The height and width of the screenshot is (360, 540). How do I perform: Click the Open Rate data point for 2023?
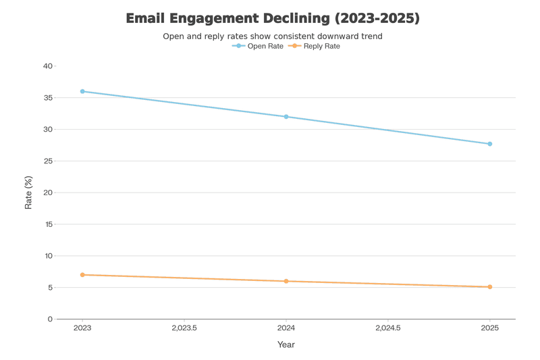coord(82,91)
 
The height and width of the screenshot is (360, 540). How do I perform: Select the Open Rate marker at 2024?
coord(286,117)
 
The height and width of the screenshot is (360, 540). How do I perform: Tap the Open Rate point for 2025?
coord(489,144)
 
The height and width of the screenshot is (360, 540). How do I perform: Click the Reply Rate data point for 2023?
coord(82,275)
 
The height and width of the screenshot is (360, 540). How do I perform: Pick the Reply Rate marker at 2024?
coord(286,281)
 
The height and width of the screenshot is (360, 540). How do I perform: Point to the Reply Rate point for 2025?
coord(489,287)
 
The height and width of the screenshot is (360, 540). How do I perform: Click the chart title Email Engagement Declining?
coord(273,18)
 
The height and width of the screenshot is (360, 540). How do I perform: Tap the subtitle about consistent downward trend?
coord(273,36)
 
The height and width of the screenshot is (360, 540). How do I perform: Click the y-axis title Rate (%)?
coord(28,192)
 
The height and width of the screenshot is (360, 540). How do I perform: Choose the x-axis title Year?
coord(286,344)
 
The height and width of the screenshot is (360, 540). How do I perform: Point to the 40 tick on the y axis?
coord(48,66)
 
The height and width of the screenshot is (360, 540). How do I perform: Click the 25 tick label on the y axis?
coord(48,161)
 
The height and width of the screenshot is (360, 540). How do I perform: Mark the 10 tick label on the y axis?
coord(48,256)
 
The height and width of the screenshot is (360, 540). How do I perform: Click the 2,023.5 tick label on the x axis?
coord(184,328)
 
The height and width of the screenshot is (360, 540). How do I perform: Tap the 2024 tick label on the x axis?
coord(286,328)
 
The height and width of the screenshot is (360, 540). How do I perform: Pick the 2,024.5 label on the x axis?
coord(387,328)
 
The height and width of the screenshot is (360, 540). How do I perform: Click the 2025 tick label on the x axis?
coord(489,328)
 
